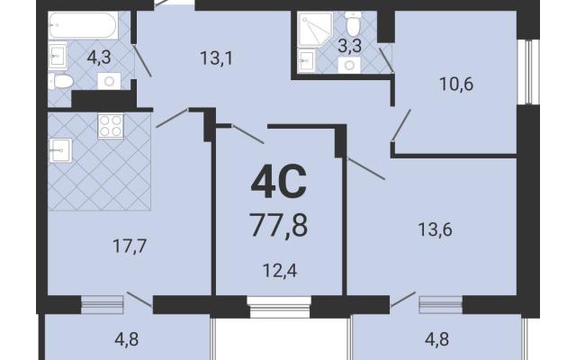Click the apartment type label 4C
coord(278,182)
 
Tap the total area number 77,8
coord(278,225)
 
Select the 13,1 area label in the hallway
coord(216,58)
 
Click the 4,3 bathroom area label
coord(99,58)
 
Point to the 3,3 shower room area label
coord(349,46)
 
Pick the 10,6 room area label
coord(456,85)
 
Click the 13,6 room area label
coord(435,229)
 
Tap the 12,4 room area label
coord(280,271)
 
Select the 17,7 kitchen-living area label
coord(130,246)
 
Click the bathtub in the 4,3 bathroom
coord(84,25)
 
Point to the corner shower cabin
coord(315,30)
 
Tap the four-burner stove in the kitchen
coord(111,126)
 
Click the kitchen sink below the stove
coord(60,150)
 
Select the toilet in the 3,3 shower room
coord(354,23)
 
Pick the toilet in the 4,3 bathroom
coord(61,81)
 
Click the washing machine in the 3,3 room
coord(349,66)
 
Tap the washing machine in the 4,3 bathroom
coord(109,81)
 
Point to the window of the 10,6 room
coord(528,72)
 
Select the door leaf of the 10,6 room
coord(401,125)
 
